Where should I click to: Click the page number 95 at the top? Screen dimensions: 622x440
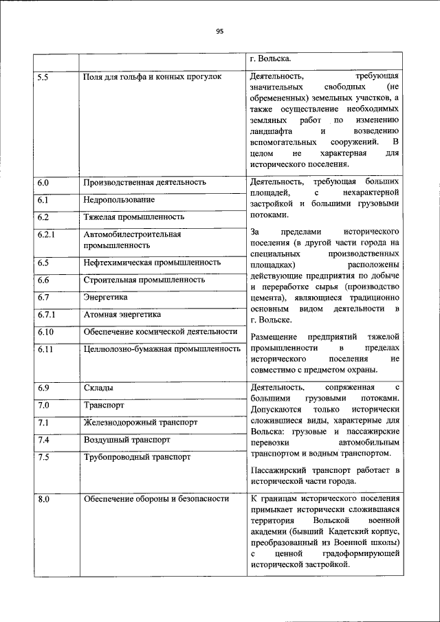(x=220, y=31)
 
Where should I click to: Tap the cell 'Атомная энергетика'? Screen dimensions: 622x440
(x=122, y=314)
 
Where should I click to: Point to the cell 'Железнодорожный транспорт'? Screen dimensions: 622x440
(x=140, y=422)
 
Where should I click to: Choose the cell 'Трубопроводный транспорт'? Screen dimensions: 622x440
(x=137, y=456)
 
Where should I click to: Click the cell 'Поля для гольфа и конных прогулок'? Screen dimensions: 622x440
(x=152, y=77)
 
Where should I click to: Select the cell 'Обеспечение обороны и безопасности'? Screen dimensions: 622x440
(x=156, y=499)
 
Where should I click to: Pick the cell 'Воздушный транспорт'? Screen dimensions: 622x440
(x=126, y=439)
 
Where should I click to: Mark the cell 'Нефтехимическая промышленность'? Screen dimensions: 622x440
(x=152, y=263)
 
